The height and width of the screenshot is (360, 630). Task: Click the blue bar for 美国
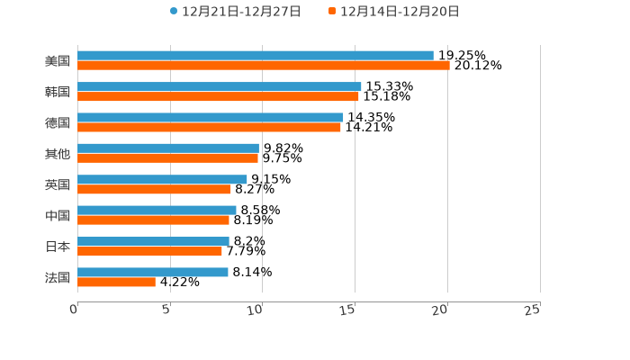point(256,56)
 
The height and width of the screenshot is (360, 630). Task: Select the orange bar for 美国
point(264,66)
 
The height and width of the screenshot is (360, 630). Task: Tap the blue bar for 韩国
point(220,86)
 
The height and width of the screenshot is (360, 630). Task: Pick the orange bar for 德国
point(209,127)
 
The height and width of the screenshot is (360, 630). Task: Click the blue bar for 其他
point(168,148)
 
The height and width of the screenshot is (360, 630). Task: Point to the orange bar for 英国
point(154,189)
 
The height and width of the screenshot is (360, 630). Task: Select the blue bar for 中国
point(157,210)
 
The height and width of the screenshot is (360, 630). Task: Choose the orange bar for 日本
point(149,251)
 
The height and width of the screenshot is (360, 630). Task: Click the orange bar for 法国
point(116,282)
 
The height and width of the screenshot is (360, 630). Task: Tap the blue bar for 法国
point(153,272)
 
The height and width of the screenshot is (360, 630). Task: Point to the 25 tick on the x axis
point(532,310)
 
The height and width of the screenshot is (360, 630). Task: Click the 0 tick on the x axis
point(74,310)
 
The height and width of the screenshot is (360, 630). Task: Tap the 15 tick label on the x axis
point(347,310)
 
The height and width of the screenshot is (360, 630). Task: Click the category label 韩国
point(58,92)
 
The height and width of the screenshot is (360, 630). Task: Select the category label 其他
point(58,154)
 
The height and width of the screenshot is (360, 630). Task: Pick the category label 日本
point(58,247)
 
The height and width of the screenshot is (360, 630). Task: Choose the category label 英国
point(58,184)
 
